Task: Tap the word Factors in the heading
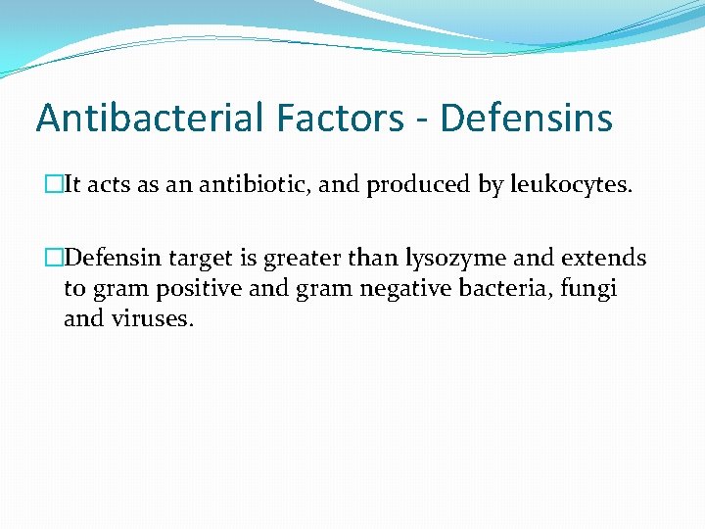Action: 338,119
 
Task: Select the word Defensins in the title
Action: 527,119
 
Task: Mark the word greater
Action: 305,259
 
